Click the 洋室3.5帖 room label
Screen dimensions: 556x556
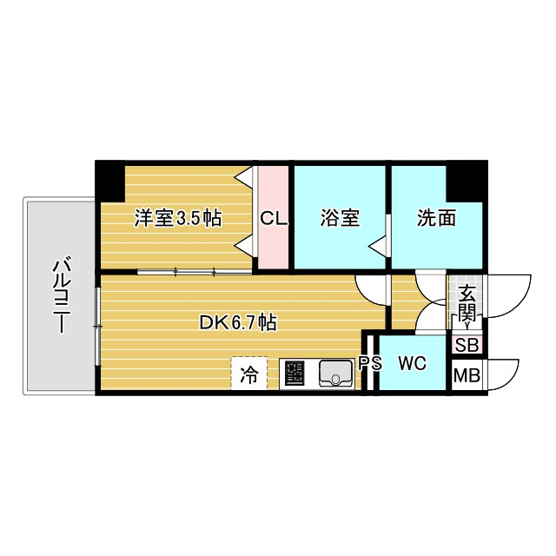point(176,218)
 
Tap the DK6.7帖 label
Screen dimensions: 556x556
point(238,323)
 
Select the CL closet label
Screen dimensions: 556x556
point(274,219)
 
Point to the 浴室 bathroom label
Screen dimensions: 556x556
point(339,218)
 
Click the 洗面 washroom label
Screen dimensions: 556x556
point(435,218)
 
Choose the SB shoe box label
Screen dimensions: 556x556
point(467,345)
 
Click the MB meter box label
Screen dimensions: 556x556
point(467,377)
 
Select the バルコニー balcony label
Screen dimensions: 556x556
point(60,296)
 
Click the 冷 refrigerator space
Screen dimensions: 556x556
point(249,375)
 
